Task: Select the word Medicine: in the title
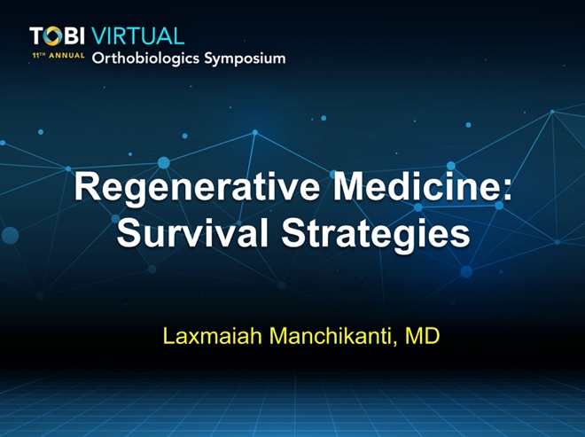(x=423, y=186)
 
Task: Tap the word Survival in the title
(x=192, y=232)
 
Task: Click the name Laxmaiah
(x=213, y=335)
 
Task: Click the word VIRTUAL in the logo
(x=137, y=36)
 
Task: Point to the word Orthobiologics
(x=146, y=59)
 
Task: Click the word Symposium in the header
(x=245, y=59)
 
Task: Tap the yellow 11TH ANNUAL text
(x=58, y=56)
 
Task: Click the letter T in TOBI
(x=36, y=36)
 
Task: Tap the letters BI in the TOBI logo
(x=74, y=36)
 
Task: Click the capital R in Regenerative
(x=87, y=187)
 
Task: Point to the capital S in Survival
(x=128, y=232)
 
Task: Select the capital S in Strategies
(x=293, y=232)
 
